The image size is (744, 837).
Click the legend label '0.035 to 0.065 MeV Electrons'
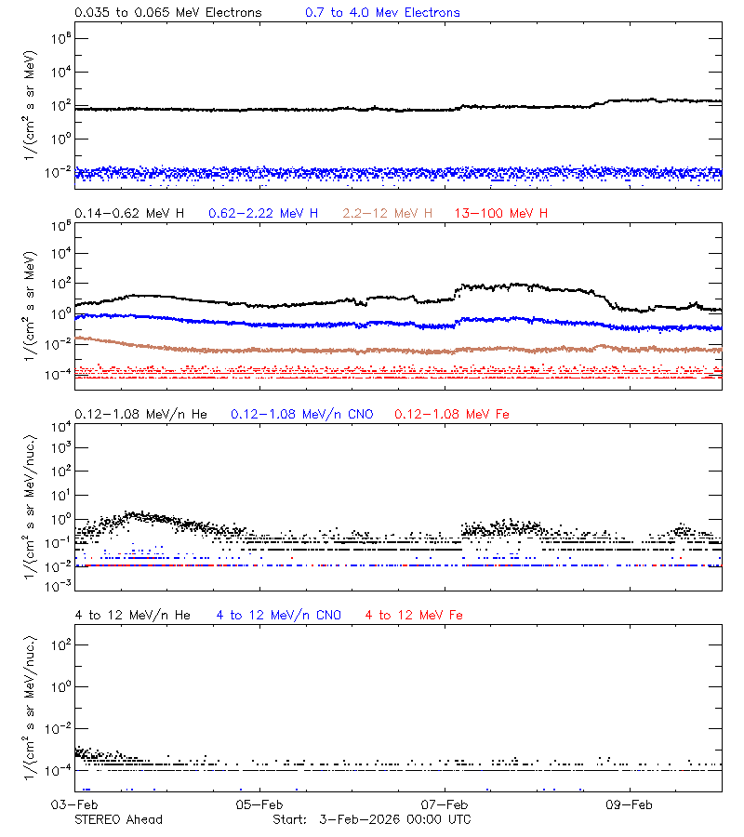tap(168, 13)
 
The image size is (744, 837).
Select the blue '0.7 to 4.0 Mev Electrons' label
tap(382, 13)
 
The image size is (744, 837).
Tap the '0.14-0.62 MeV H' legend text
tap(129, 214)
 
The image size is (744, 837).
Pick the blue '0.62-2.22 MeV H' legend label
tap(263, 214)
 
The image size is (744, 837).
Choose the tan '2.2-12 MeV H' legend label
tap(388, 214)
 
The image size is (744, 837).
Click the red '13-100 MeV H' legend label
tap(501, 214)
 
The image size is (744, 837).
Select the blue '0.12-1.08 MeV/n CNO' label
tap(301, 414)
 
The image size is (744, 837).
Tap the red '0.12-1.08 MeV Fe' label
tap(452, 414)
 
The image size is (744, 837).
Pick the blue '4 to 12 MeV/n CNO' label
tap(279, 615)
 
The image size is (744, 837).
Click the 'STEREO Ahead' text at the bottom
tap(118, 819)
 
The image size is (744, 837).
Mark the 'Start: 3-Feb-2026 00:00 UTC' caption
tap(371, 819)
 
